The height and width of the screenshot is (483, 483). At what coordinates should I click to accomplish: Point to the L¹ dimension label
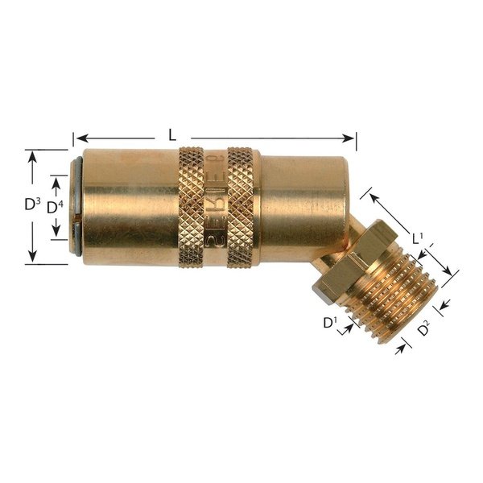tap(418, 238)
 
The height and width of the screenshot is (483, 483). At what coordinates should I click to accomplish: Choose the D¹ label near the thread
tap(329, 324)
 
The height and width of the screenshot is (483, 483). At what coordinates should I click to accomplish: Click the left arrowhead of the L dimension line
tap(78, 137)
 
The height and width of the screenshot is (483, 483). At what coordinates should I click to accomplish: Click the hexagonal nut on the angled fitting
tap(345, 258)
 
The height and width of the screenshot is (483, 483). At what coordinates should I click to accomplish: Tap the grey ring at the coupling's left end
tap(76, 206)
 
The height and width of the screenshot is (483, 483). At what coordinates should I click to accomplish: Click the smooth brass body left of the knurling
tap(129, 205)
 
